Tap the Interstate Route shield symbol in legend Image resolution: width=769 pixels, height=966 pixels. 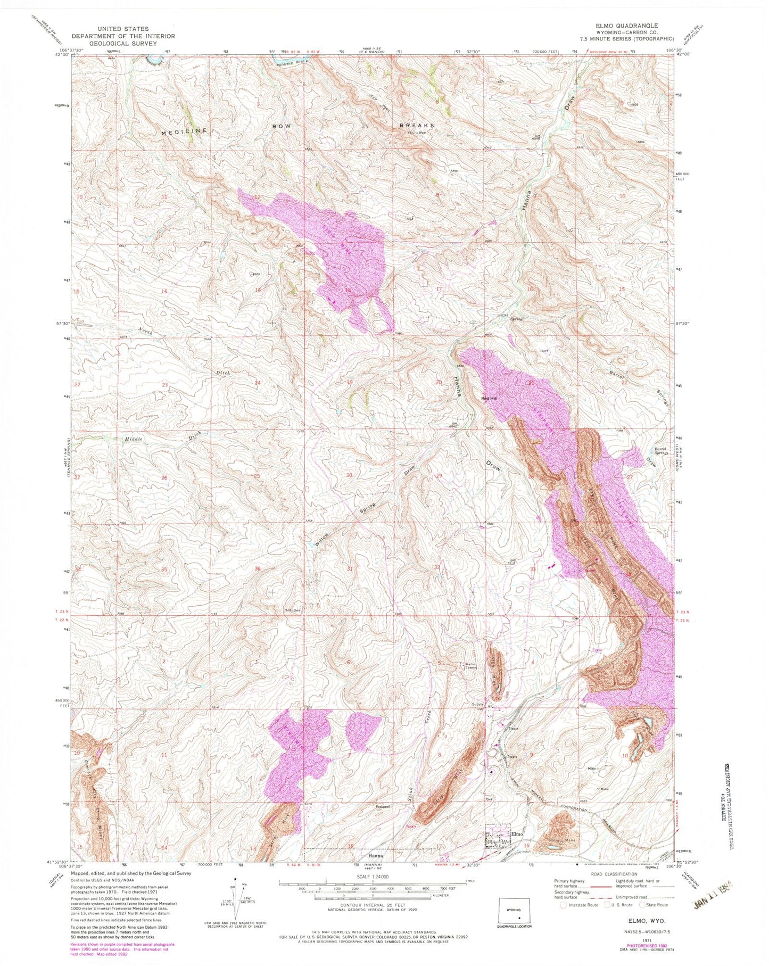point(564,904)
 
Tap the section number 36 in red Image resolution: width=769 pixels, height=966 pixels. point(258,569)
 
